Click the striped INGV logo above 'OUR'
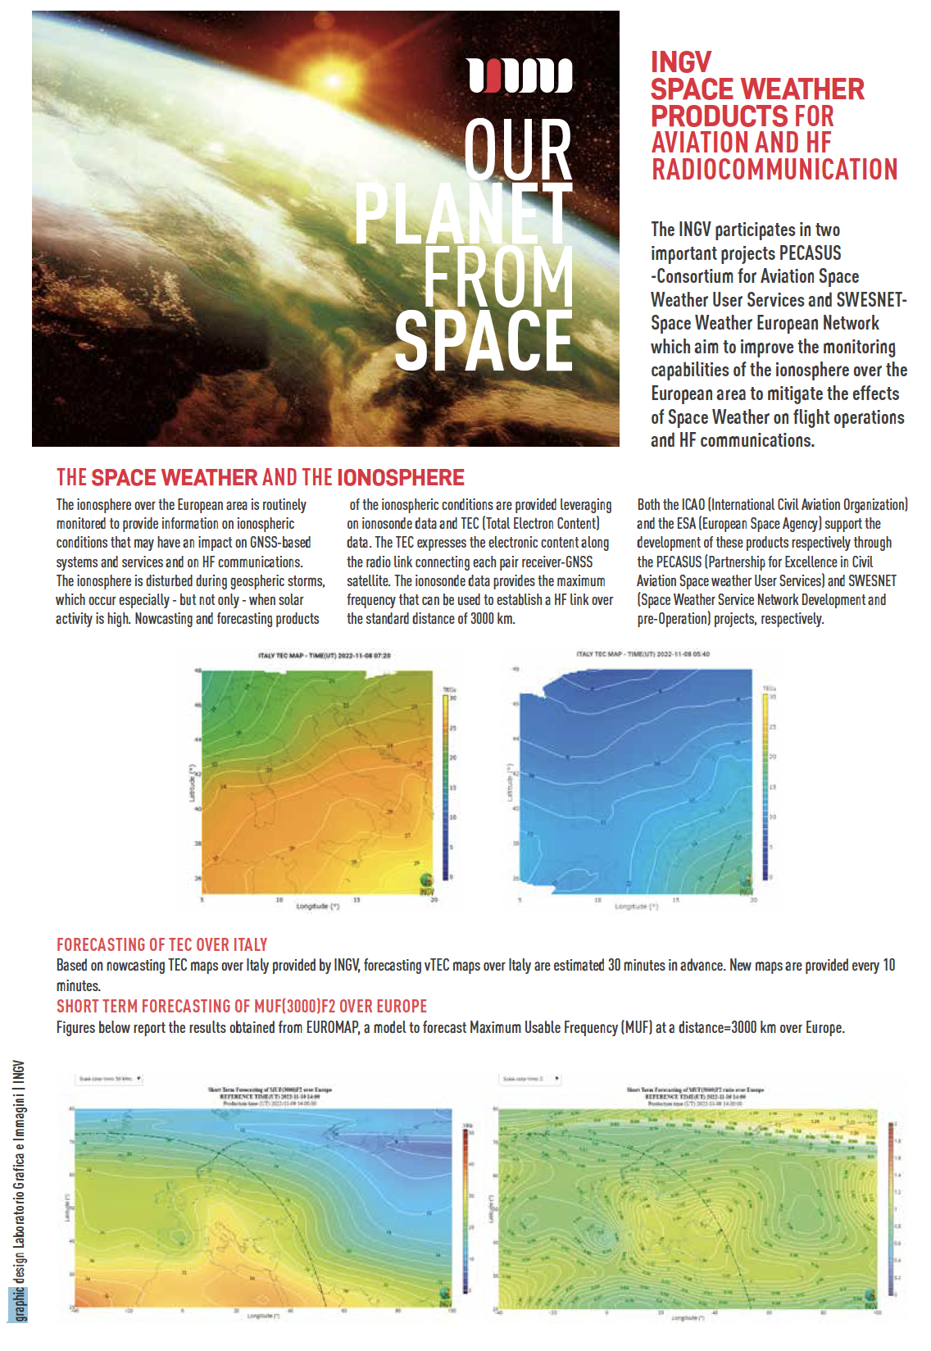point(520,75)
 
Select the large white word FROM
point(497,277)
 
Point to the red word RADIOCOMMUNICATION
point(774,170)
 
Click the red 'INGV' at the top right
point(681,62)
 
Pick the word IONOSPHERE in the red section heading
point(401,478)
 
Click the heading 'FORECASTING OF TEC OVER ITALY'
point(161,944)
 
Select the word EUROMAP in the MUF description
point(333,1028)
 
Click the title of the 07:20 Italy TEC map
point(325,656)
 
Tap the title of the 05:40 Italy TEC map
point(643,654)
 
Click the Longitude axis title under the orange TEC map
point(317,907)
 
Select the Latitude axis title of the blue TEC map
point(509,783)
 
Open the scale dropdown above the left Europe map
point(110,1079)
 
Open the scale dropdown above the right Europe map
point(531,1079)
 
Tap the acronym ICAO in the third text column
point(693,505)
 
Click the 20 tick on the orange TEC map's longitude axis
point(434,900)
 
